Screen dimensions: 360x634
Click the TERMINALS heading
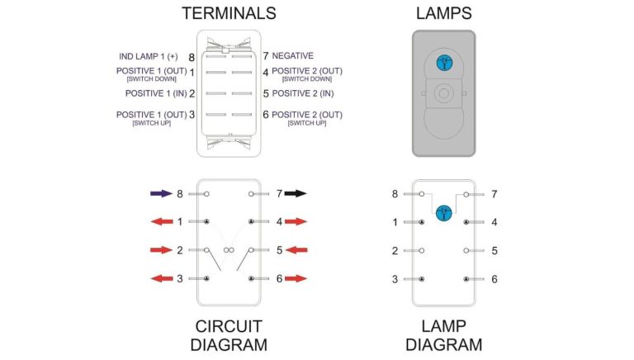pyautogui.click(x=229, y=13)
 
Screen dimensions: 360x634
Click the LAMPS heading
pyautogui.click(x=444, y=13)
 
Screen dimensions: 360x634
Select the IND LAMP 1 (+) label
pyautogui.click(x=149, y=57)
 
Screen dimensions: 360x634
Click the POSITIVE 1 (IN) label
pyautogui.click(x=150, y=93)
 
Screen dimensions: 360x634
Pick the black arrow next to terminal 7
pyautogui.click(x=296, y=193)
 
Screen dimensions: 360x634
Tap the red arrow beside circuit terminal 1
pyautogui.click(x=162, y=221)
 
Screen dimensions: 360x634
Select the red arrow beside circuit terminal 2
pyautogui.click(x=162, y=249)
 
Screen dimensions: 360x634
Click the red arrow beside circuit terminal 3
pyautogui.click(x=162, y=278)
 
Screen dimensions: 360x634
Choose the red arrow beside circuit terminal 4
pyautogui.click(x=296, y=221)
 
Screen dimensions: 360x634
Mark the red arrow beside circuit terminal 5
pyautogui.click(x=296, y=249)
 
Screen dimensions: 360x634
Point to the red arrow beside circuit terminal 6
pyautogui.click(x=296, y=278)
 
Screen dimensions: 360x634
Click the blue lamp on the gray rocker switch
pyautogui.click(x=444, y=62)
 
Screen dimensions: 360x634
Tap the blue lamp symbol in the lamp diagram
pyautogui.click(x=444, y=211)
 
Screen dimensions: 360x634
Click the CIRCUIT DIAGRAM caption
pyautogui.click(x=229, y=334)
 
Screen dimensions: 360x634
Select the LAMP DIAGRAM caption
pyautogui.click(x=444, y=334)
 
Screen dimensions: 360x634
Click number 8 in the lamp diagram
pyautogui.click(x=395, y=194)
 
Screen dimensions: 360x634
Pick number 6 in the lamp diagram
pyautogui.click(x=494, y=279)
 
